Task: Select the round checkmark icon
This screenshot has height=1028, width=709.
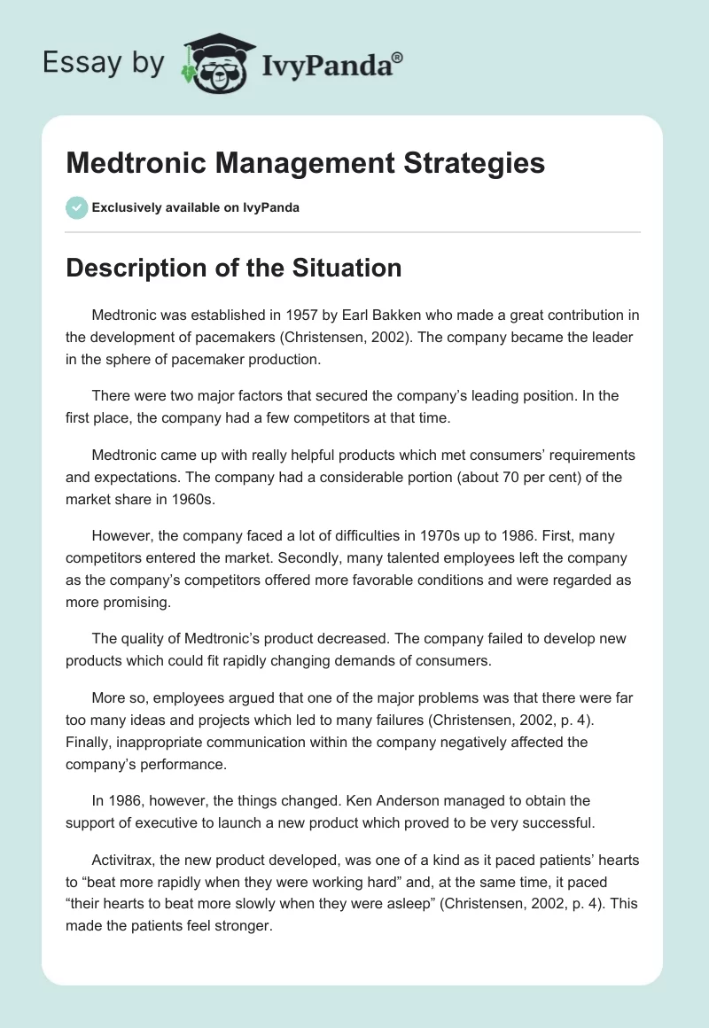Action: (76, 207)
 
